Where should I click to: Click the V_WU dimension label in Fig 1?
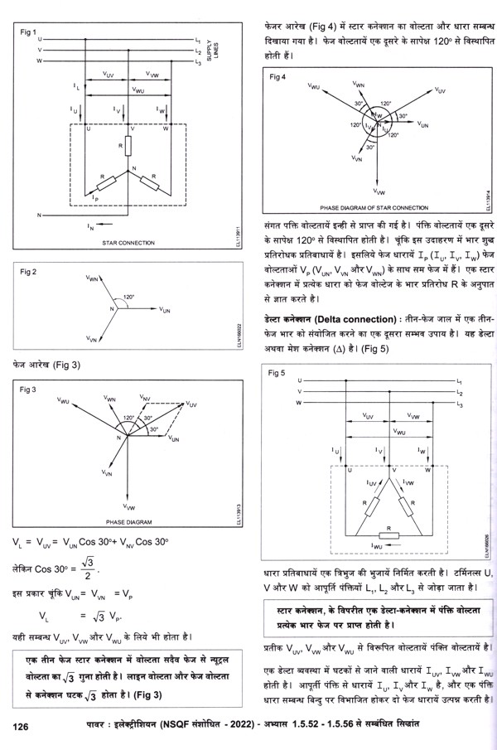(138, 90)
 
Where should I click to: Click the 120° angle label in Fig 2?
(128, 296)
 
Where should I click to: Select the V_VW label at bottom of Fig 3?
(129, 505)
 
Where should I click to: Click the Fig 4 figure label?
(278, 76)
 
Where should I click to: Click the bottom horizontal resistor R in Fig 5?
(388, 527)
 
